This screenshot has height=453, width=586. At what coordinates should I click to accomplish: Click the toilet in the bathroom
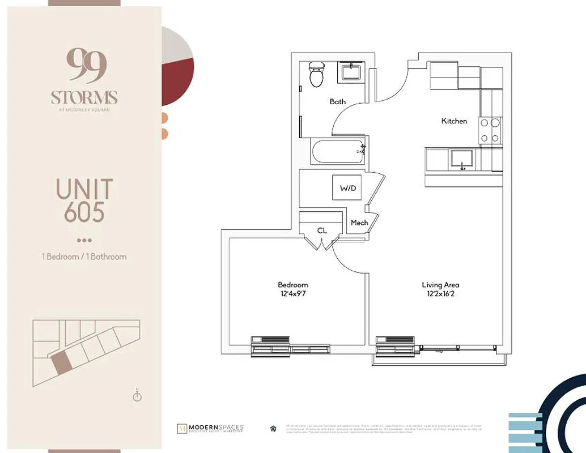tap(316, 75)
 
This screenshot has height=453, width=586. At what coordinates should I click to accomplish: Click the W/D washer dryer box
tap(348, 188)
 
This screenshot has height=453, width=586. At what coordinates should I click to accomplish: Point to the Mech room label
tap(359, 223)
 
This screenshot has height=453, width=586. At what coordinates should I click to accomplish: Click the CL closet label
tap(322, 230)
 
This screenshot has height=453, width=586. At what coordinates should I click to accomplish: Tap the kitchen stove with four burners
tap(490, 130)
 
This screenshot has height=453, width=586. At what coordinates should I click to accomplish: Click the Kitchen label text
tap(454, 121)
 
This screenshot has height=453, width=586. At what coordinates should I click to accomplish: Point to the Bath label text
tap(338, 102)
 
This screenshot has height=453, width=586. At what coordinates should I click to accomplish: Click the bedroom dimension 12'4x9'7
tap(293, 294)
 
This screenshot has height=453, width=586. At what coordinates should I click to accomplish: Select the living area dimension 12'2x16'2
tap(440, 294)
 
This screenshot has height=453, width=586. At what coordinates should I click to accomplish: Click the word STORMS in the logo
tap(84, 97)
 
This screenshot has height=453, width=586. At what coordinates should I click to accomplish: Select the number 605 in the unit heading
tap(84, 213)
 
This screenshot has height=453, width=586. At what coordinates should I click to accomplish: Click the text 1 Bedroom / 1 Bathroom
tap(84, 257)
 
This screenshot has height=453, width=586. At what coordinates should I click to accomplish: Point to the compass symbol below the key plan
tap(137, 396)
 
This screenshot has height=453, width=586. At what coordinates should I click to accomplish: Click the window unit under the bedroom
tap(270, 345)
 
